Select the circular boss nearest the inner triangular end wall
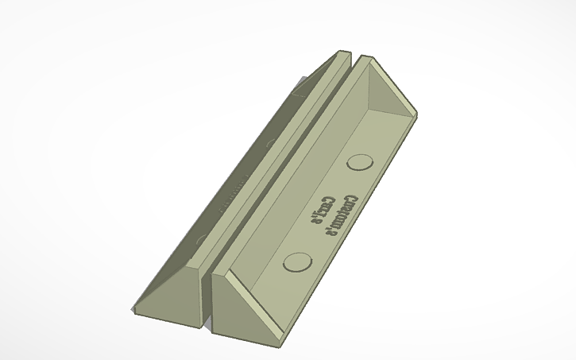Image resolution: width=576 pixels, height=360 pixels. click(361, 162)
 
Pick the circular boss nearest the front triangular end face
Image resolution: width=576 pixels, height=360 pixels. click(296, 261)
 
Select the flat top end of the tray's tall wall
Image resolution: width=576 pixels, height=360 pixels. click(365, 59)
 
